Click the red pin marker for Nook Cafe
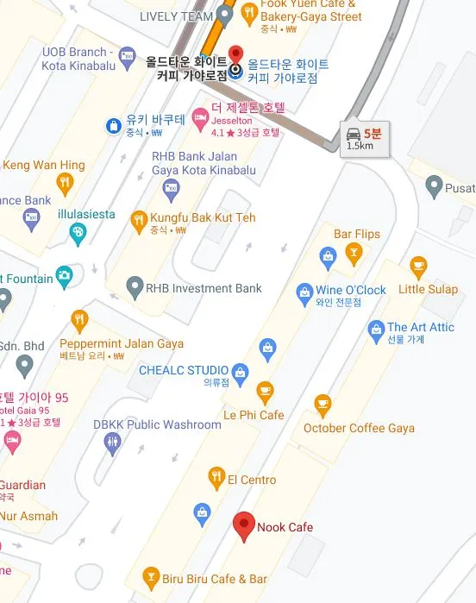tap(244, 524)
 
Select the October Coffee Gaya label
tap(359, 428)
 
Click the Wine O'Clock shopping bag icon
tap(304, 293)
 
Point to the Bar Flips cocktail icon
tap(352, 254)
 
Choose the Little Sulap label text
tap(428, 290)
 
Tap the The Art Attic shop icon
tap(376, 329)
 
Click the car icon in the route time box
tap(354, 134)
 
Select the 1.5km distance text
tap(360, 146)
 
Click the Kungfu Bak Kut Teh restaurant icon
tap(138, 220)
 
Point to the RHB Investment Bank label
tap(204, 288)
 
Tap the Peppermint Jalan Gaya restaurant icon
tap(80, 321)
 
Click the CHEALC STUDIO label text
tap(184, 370)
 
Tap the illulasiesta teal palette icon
tap(77, 232)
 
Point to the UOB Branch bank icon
tap(128, 56)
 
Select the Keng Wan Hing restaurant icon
tap(64, 184)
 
